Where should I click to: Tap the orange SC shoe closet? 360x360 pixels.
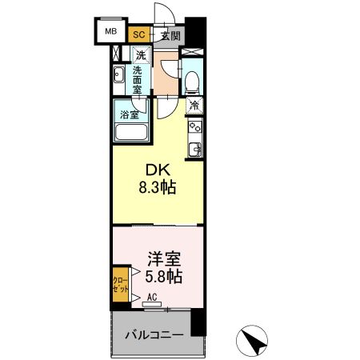[138, 34]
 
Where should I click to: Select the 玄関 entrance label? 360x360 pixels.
[169, 35]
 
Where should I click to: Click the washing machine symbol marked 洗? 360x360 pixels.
[141, 56]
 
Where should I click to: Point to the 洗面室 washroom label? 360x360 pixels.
[138, 79]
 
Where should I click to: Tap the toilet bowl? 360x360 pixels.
[192, 81]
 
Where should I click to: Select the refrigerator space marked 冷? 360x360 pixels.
[194, 105]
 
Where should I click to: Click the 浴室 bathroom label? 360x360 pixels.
[129, 114]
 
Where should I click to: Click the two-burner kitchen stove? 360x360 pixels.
[194, 127]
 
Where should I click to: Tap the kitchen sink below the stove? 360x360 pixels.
[194, 148]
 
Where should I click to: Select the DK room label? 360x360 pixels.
[155, 170]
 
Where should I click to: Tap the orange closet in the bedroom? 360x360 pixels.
[116, 286]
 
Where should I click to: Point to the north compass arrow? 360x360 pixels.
[255, 342]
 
